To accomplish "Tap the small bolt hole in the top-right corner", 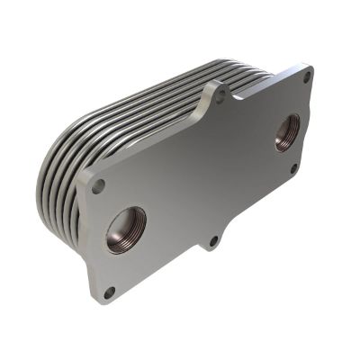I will click(307, 78).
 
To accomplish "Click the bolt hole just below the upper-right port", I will click(292, 168).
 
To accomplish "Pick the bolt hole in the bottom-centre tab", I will click(212, 240).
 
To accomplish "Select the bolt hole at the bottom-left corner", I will click(109, 292).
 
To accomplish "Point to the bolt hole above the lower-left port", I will click(98, 185).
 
